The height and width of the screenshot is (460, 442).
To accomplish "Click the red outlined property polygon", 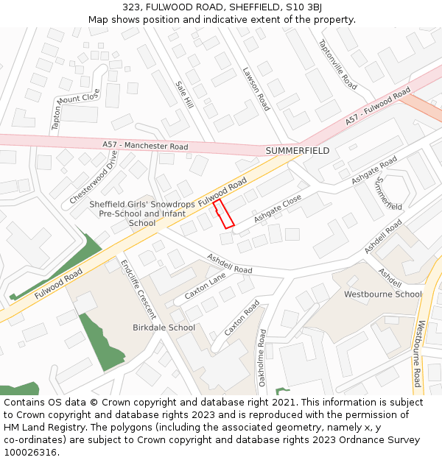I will coord(223,213).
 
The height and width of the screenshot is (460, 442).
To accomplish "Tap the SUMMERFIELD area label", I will coord(297,151).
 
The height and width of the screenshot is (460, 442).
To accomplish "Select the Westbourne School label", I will coord(383,294).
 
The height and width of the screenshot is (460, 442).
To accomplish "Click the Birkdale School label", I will coord(164,328).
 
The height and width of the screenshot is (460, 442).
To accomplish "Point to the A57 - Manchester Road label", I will coord(145,146).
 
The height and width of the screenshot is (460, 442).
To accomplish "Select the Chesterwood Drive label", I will coord(94,177).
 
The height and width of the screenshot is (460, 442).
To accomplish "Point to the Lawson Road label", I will coord(256,89).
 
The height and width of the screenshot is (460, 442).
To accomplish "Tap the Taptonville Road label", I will coord(337,65).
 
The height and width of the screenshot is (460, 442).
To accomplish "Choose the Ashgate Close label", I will coord(278,209).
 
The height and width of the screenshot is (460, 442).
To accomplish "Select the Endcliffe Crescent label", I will coord(138,290).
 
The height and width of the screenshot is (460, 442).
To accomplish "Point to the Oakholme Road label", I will coord(262,358).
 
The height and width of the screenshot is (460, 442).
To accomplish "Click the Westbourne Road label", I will coord(418,353).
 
